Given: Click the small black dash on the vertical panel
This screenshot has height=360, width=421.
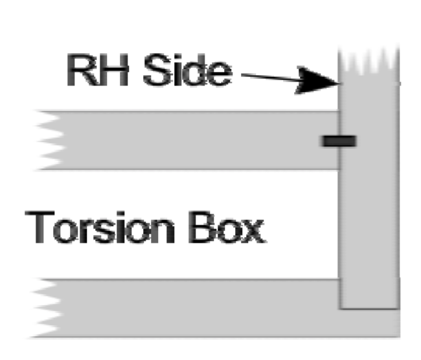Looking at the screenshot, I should pyautogui.click(x=338, y=140).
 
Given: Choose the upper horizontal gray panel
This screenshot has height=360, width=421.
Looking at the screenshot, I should pyautogui.click(x=194, y=140).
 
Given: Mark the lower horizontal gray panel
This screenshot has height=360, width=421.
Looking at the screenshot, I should pyautogui.click(x=194, y=308).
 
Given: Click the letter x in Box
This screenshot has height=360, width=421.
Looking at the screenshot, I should pyautogui.click(x=253, y=231).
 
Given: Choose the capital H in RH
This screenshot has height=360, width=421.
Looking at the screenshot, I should pyautogui.click(x=115, y=72).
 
